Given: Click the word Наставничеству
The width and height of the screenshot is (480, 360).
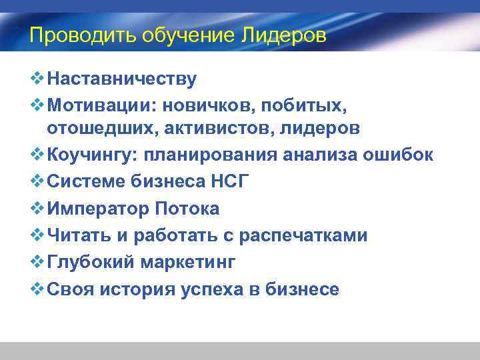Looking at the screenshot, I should [x=122, y=79].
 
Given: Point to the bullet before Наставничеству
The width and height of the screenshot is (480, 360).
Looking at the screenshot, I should [x=37, y=79].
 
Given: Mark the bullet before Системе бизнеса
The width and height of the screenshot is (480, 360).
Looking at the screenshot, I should [x=37, y=182].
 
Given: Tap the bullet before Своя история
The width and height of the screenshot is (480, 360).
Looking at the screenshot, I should [x=37, y=289].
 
